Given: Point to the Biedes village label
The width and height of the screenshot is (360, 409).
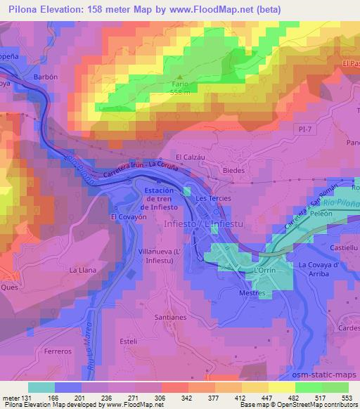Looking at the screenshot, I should [233, 170].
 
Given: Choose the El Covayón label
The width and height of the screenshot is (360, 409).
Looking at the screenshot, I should [127, 217].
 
